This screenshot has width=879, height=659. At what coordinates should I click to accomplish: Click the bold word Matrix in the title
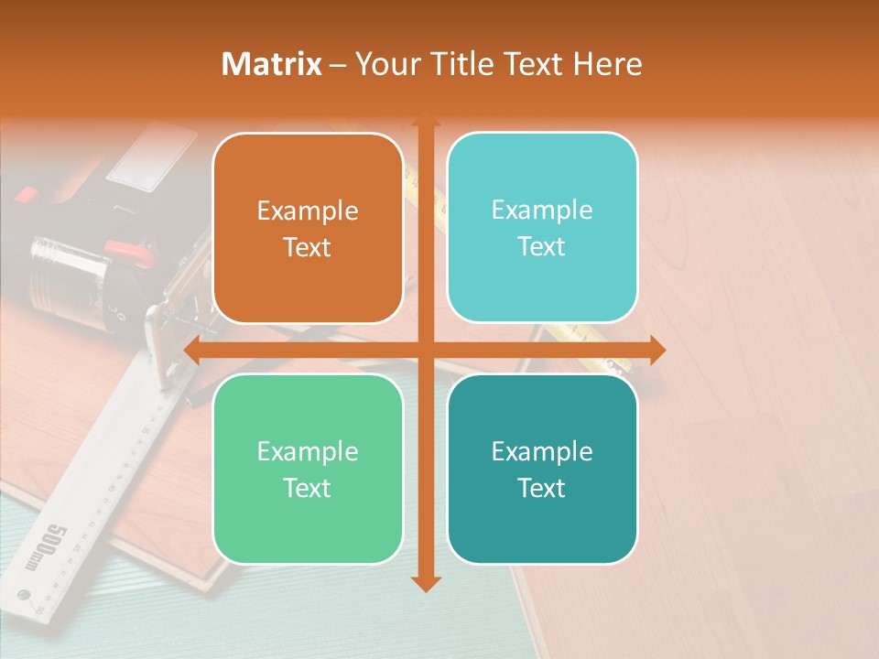271,64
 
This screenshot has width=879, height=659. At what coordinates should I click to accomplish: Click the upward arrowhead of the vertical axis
425,122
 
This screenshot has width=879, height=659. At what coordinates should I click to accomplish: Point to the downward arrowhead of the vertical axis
425,583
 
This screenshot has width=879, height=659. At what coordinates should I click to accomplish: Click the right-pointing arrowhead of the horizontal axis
657,350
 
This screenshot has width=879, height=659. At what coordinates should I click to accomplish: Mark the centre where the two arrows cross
425,350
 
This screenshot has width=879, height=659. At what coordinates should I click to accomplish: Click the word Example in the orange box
308,211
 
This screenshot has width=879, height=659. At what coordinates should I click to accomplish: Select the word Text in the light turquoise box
542,247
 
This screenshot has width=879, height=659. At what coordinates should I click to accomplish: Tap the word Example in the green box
308,451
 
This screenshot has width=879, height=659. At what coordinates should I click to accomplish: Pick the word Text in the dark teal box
542,488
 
